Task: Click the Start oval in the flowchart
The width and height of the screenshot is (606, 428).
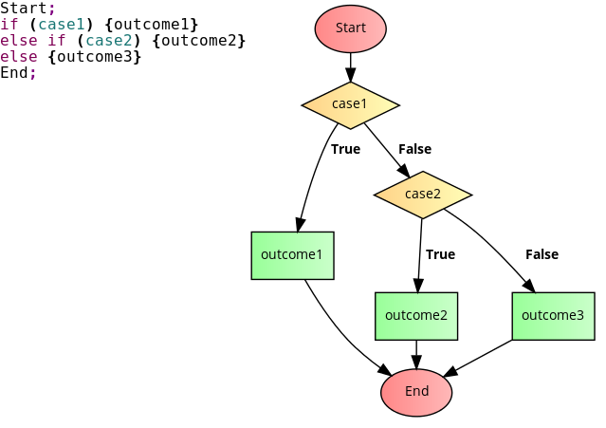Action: click(x=350, y=28)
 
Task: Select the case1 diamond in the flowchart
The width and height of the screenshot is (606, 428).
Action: click(x=350, y=104)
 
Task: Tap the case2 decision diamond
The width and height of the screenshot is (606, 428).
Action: click(x=423, y=195)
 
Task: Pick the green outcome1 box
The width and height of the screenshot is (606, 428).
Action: click(x=292, y=255)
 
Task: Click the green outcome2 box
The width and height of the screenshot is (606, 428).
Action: click(x=416, y=316)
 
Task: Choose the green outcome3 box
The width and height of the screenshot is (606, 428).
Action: click(x=553, y=316)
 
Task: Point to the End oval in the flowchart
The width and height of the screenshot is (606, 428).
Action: click(x=416, y=392)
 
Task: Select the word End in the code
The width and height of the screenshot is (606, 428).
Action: click(x=14, y=72)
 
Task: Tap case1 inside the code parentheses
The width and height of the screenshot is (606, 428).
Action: click(x=62, y=24)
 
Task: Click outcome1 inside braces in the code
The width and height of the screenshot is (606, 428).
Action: click(x=155, y=24)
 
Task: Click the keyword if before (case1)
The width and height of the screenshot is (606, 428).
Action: click(x=9, y=24)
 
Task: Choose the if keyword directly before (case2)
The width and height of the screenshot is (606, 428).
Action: click(x=56, y=40)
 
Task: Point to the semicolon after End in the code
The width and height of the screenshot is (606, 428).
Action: click(x=33, y=73)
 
